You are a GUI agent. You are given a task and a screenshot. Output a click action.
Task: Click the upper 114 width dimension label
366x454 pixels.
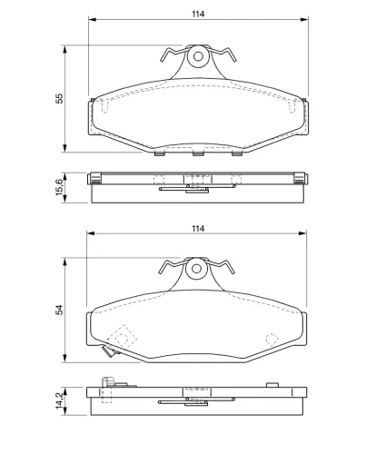198,14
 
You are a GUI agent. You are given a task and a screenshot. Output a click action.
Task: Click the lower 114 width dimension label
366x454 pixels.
198,229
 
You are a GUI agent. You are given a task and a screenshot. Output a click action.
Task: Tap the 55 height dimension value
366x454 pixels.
60,98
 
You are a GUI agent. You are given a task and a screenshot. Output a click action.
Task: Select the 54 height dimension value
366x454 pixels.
60,310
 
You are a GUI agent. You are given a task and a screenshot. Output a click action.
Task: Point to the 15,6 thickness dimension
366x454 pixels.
60,187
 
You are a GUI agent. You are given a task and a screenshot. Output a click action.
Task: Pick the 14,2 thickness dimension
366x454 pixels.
60,400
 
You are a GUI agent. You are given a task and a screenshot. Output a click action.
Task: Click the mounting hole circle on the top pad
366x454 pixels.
198,56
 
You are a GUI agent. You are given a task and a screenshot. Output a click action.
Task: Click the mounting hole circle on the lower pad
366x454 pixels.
196,269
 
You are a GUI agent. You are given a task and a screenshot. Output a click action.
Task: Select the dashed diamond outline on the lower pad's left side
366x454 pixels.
122,338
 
